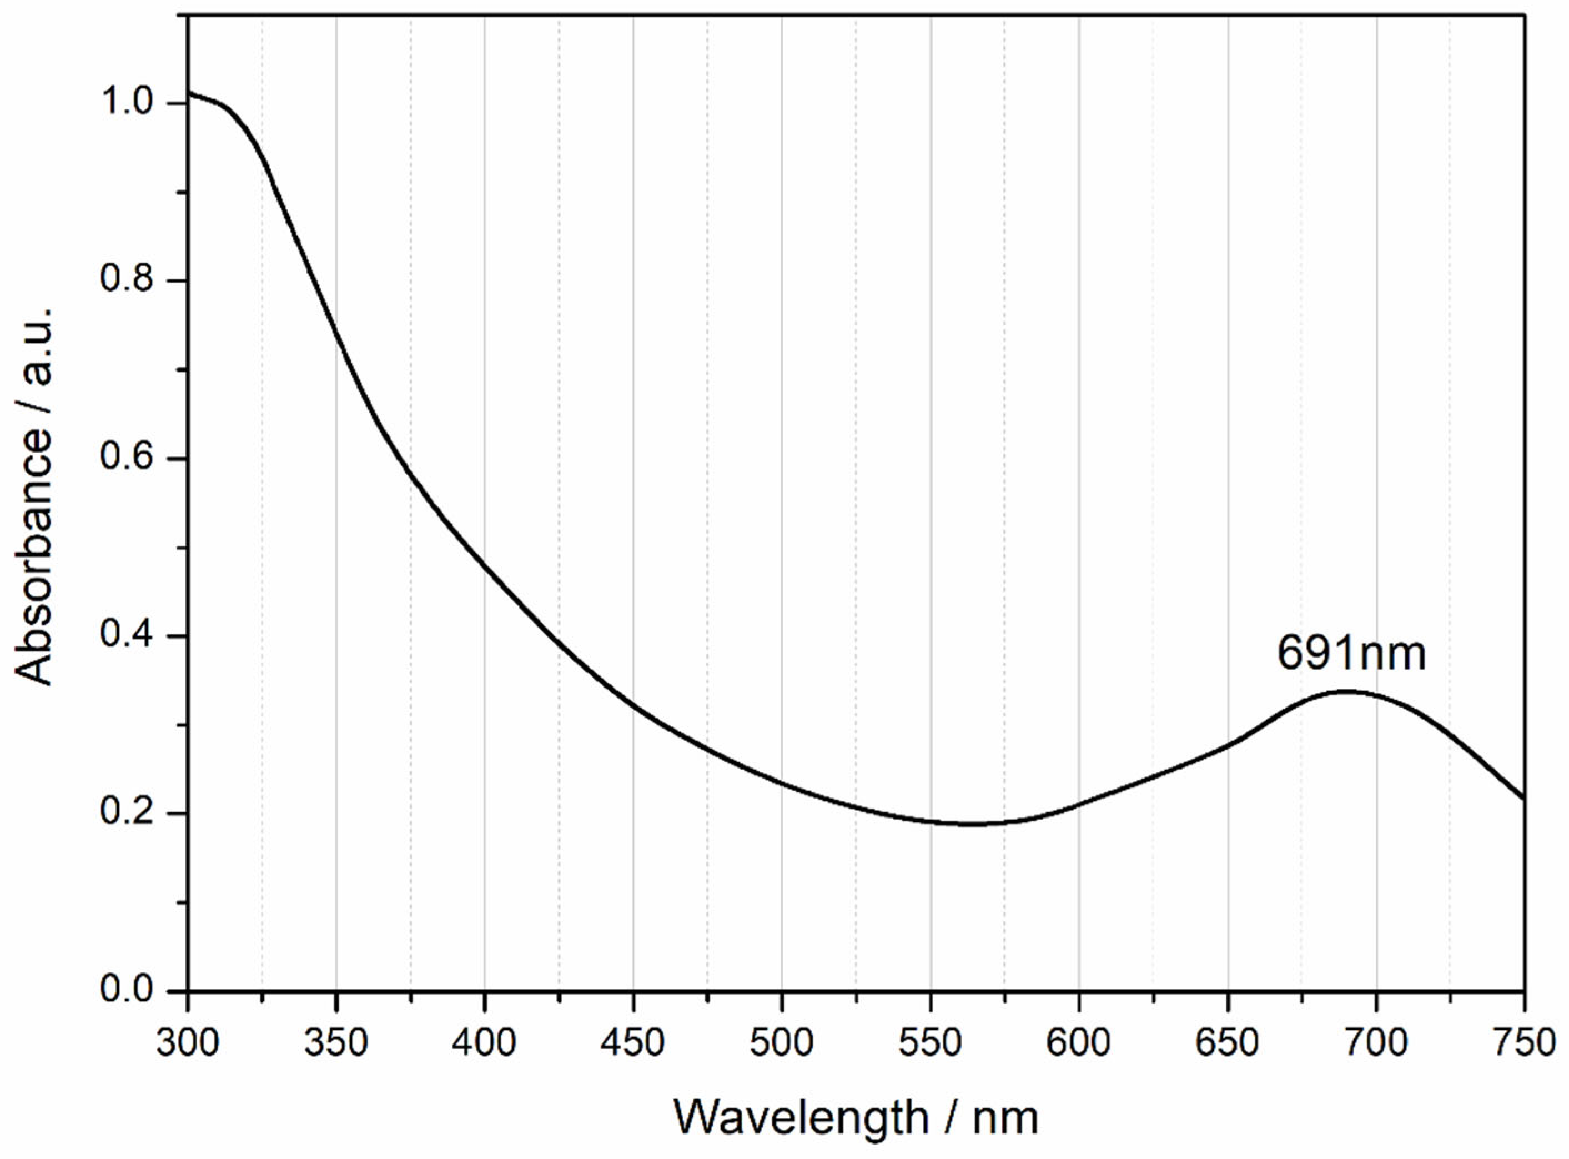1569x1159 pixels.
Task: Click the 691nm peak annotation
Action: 1351,654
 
